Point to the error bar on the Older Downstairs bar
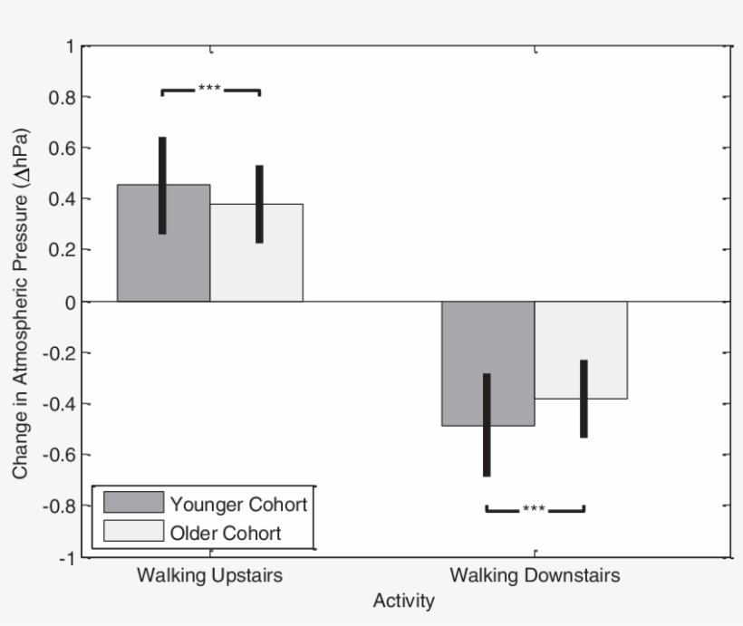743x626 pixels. [584, 399]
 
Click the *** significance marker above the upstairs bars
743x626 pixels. [210, 89]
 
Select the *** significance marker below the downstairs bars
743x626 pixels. [534, 509]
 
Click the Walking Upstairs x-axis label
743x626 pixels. [210, 576]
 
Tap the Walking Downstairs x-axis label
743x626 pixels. [535, 576]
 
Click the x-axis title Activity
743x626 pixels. [403, 601]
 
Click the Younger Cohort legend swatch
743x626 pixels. [133, 503]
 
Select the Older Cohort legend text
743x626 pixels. [225, 533]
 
